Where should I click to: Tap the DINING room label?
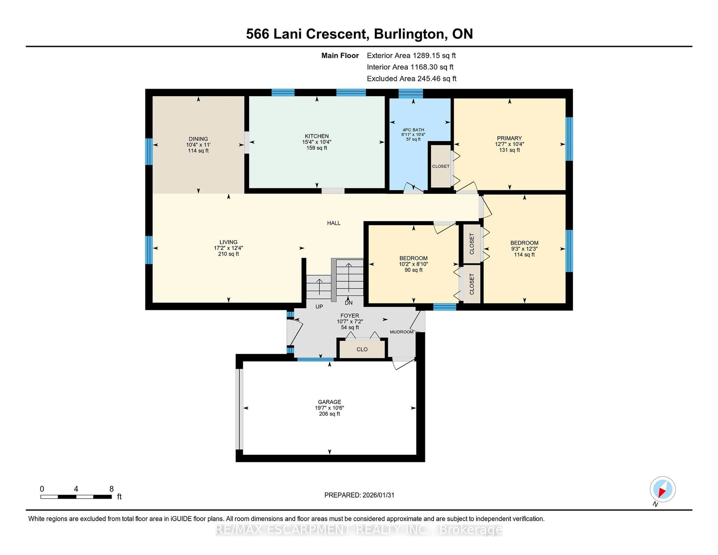pos(198,139)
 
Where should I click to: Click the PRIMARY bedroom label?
pos(509,138)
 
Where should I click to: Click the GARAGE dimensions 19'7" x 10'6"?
pos(329,408)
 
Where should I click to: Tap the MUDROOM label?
pos(401,332)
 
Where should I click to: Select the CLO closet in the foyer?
pos(362,349)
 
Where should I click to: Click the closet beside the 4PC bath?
pos(441,166)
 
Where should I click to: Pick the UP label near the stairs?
pos(319,306)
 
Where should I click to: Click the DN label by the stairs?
pos(349,303)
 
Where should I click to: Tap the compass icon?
pos(662,489)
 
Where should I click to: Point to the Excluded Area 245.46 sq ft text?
pos(411,79)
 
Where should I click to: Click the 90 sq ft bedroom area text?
pos(413,270)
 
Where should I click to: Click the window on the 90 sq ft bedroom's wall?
pos(444,307)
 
